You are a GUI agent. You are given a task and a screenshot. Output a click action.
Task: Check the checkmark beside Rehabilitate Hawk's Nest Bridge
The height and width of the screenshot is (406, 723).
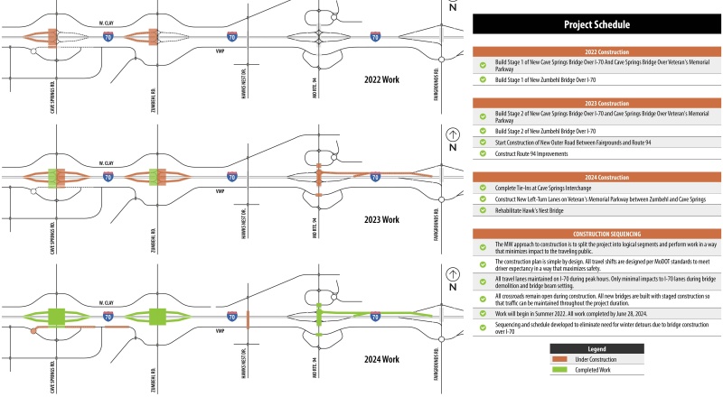tap(484, 210)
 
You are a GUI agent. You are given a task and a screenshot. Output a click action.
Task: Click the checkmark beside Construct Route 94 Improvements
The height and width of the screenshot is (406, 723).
tap(484, 153)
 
